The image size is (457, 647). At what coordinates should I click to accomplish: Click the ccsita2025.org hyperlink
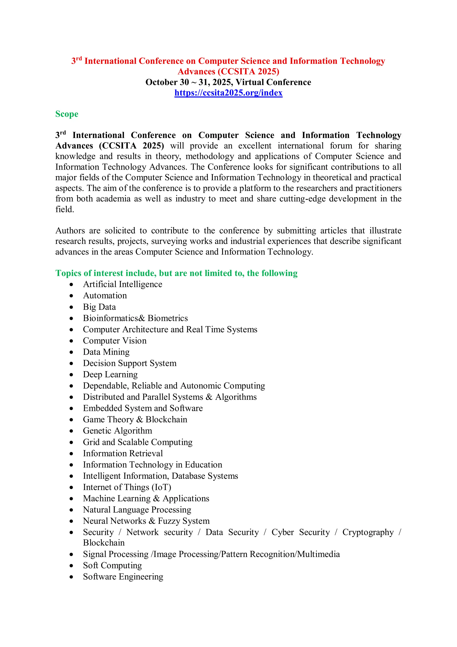[228, 93]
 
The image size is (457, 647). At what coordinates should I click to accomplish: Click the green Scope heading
[67, 114]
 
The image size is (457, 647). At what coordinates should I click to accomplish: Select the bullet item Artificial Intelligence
[123, 284]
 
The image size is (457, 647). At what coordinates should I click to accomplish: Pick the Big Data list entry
[99, 307]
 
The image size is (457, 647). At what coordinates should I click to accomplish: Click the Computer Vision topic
[115, 340]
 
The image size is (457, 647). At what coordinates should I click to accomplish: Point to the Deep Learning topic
[110, 374]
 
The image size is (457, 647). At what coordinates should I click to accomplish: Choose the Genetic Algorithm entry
[117, 431]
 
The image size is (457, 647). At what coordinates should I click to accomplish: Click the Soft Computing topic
[112, 565]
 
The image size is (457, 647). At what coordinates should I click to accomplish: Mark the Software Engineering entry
[123, 577]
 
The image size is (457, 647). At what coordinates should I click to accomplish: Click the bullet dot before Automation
[72, 296]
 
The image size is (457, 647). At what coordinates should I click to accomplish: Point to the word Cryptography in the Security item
[368, 532]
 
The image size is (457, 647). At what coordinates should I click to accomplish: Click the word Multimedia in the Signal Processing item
[318, 554]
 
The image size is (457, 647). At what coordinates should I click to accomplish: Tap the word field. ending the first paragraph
[64, 209]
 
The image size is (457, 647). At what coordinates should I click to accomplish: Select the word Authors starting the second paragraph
[70, 230]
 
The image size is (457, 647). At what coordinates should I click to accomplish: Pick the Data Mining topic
[106, 352]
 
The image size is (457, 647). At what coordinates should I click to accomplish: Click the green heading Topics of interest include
[176, 273]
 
